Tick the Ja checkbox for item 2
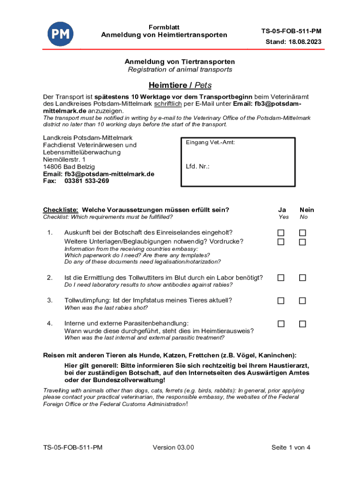click(281, 278)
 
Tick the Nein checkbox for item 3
click(302, 301)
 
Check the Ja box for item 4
click(281, 324)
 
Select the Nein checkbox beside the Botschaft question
click(302, 233)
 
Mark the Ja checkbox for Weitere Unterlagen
click(281, 242)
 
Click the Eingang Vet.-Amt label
click(210, 142)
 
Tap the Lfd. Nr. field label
click(197, 166)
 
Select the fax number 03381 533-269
click(86, 181)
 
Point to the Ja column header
click(281, 210)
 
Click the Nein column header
click(307, 210)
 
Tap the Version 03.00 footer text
click(173, 448)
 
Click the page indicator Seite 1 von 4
click(291, 448)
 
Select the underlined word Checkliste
click(60, 210)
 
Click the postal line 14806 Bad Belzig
click(69, 167)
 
